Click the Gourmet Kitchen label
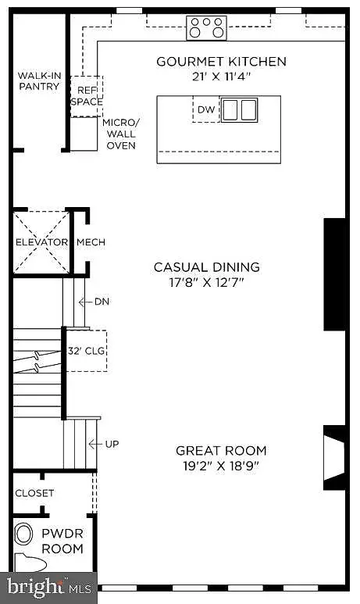pos(222,61)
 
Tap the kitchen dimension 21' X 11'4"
pos(222,77)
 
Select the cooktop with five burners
pos(206,27)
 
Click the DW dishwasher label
pos(206,109)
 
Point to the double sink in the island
pos(239,110)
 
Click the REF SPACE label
pos(87,96)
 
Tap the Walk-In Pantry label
pos(39,81)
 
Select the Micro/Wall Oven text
pos(121,134)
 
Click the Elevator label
pos(41,242)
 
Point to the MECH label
pos(91,242)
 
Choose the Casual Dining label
pos(207,267)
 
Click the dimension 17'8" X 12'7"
pos(207,282)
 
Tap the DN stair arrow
pos(85,302)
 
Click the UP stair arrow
pos(96,444)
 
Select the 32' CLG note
pos(86,351)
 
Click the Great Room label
pos(221,450)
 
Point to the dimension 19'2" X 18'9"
pos(221,466)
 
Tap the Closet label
pos(34,493)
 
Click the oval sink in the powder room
pos(24,534)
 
